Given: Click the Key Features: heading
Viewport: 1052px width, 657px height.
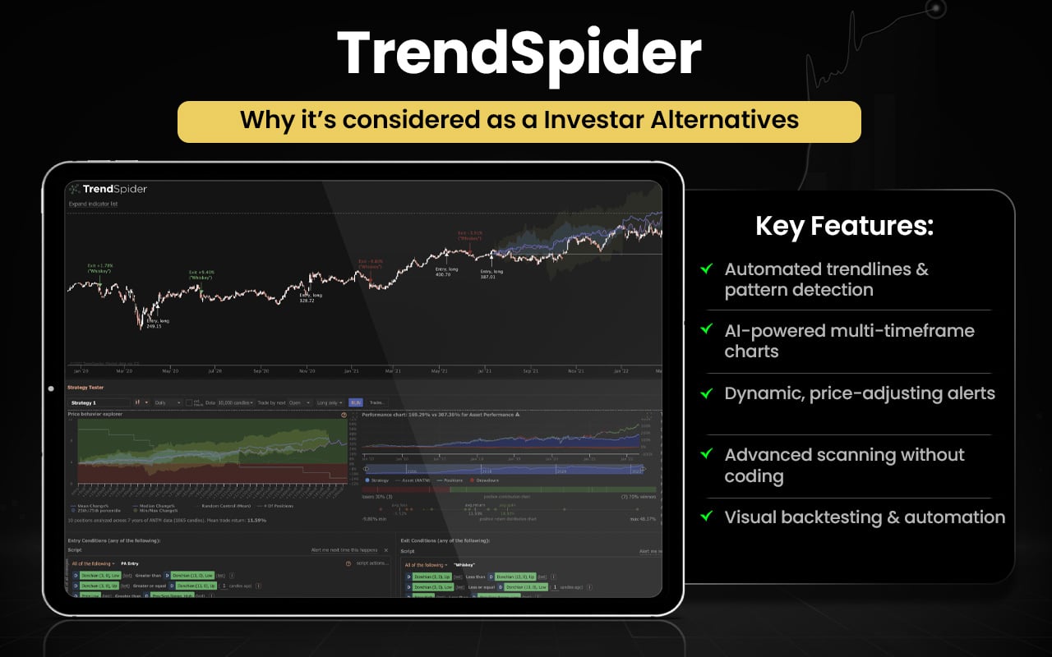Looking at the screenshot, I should [844, 227].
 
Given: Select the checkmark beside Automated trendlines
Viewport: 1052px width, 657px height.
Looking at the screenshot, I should [705, 269].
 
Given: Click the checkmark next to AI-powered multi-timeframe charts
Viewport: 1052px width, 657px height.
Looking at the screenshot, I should [705, 330].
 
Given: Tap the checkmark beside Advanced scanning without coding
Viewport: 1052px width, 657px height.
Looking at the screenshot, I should [705, 454].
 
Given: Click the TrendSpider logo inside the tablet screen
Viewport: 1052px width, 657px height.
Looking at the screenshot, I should [108, 189].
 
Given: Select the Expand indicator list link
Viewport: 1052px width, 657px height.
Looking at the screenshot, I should [93, 204].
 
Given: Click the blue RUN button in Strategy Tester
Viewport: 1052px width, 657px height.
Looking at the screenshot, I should [355, 402].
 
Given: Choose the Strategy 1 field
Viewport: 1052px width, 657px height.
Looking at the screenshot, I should [99, 402].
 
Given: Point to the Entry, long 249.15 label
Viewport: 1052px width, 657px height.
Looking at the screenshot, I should [154, 323].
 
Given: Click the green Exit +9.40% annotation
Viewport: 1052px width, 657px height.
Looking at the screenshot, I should [201, 274].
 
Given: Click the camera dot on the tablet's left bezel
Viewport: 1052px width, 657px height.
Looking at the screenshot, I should [51, 388].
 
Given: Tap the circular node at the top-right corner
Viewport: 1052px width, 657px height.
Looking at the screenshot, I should [935, 9].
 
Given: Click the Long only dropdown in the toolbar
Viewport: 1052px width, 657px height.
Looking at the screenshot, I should [330, 402].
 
